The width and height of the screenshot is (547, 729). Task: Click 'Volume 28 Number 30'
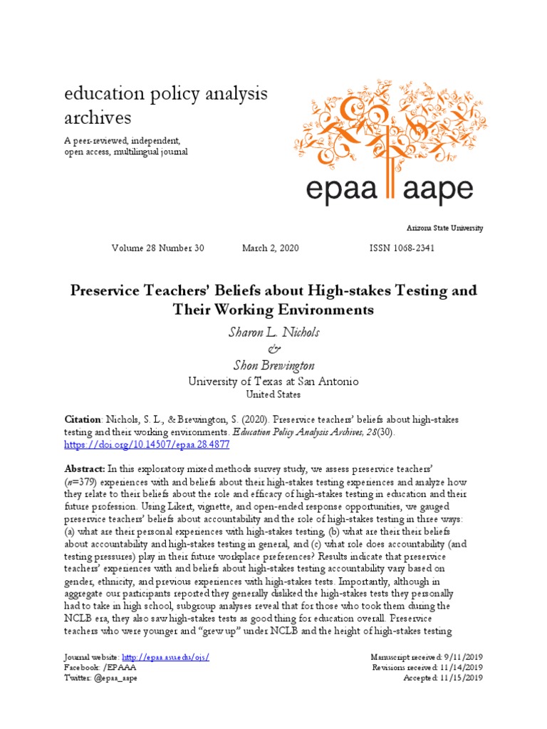pyautogui.click(x=157, y=248)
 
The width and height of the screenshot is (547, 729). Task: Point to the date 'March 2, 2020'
pyautogui.click(x=271, y=248)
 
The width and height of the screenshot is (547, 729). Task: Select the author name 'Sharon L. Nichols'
pyautogui.click(x=273, y=331)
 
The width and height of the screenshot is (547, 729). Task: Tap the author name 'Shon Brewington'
pyautogui.click(x=273, y=364)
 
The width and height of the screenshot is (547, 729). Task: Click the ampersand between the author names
pyautogui.click(x=273, y=348)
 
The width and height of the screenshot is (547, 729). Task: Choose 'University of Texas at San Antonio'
pyautogui.click(x=273, y=381)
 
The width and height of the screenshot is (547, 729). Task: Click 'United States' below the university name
pyautogui.click(x=273, y=394)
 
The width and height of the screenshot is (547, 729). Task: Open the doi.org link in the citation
pyautogui.click(x=147, y=444)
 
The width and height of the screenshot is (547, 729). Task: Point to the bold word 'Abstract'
pyautogui.click(x=84, y=468)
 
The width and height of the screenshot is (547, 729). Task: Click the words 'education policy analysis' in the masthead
pyautogui.click(x=166, y=94)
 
